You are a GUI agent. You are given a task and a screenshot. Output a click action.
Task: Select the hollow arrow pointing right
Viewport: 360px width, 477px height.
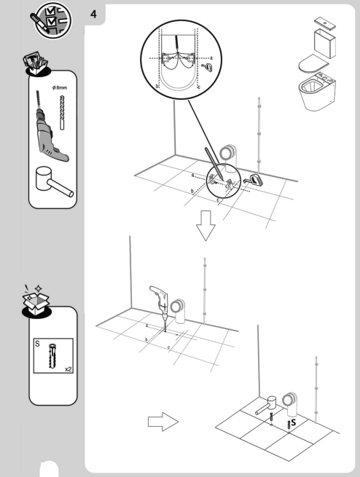click(x=163, y=421)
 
